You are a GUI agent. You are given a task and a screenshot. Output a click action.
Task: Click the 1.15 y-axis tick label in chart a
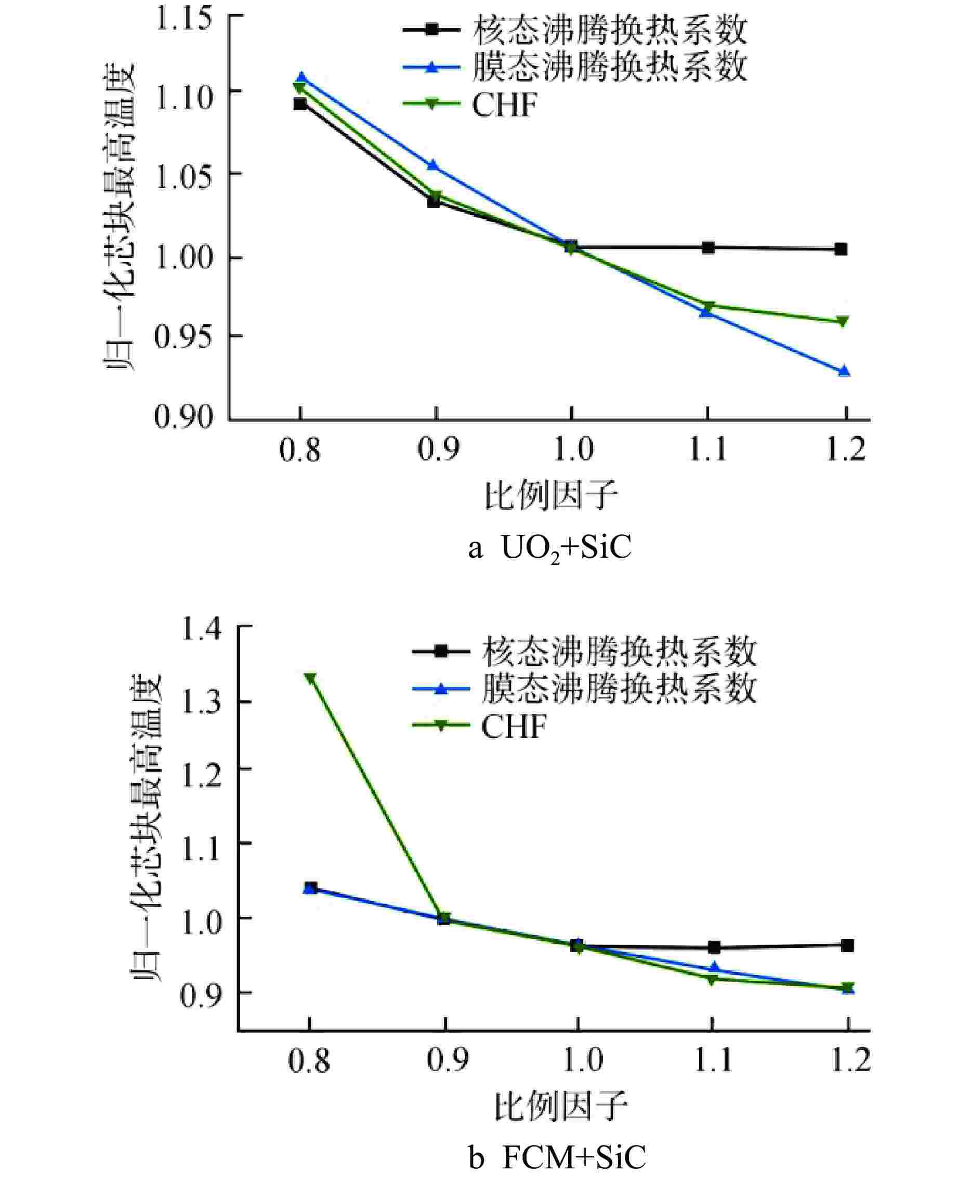pyautogui.click(x=185, y=19)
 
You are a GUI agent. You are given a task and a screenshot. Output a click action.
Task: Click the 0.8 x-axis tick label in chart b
pyautogui.click(x=309, y=1060)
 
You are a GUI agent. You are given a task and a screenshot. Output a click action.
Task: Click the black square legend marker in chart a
pyautogui.click(x=432, y=29)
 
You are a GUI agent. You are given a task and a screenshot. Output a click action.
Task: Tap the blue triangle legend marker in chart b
pyautogui.click(x=441, y=689)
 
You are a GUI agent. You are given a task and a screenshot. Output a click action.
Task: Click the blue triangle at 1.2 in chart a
pyautogui.click(x=844, y=371)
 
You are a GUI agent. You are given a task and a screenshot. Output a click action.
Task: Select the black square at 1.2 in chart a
pyautogui.click(x=841, y=249)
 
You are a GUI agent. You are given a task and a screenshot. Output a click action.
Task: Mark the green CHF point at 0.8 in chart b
pyautogui.click(x=311, y=678)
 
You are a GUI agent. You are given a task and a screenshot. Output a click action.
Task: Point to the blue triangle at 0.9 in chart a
pyautogui.click(x=434, y=165)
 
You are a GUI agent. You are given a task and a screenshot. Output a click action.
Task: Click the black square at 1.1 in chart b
pyautogui.click(x=714, y=947)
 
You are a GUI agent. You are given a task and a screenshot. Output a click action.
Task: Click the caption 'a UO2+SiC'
pyautogui.click(x=549, y=549)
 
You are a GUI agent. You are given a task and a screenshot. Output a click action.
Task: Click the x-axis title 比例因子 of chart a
pyautogui.click(x=551, y=495)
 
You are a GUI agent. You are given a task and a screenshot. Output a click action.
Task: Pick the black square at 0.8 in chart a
pyautogui.click(x=300, y=104)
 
